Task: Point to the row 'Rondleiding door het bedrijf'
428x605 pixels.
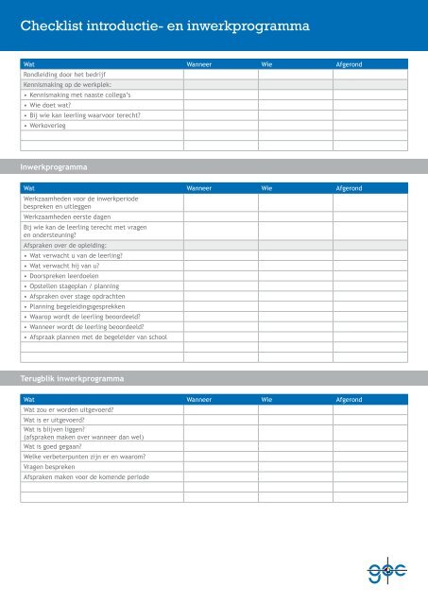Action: click(x=63, y=74)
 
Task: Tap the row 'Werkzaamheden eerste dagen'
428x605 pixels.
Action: click(x=66, y=216)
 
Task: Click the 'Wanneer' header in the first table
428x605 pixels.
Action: click(x=202, y=63)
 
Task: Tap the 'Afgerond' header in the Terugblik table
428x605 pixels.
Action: click(x=350, y=400)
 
